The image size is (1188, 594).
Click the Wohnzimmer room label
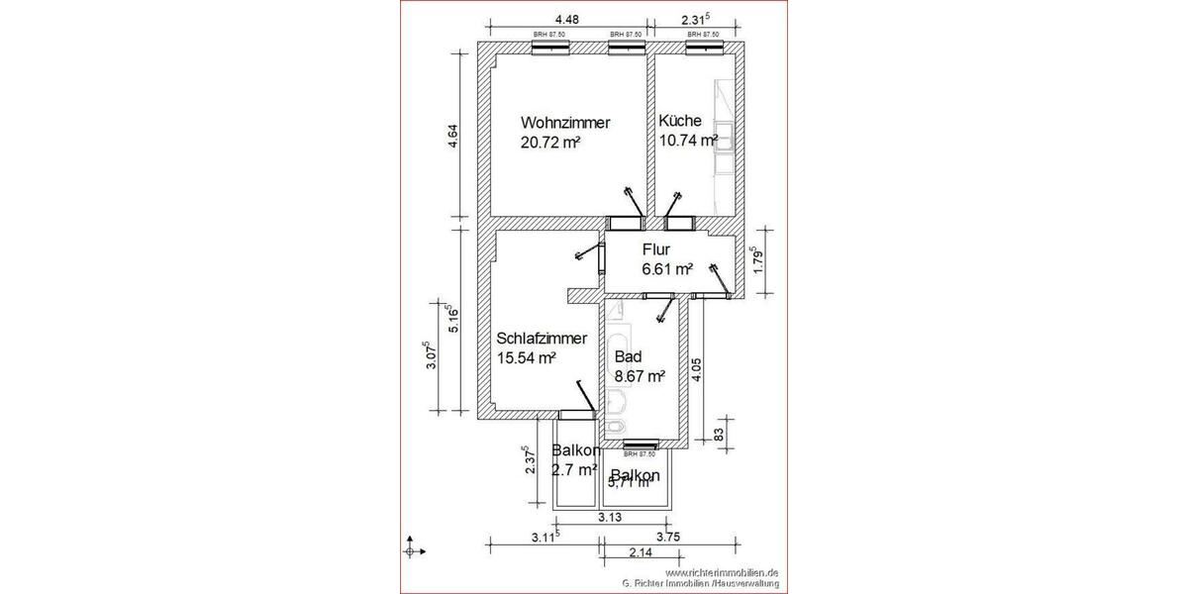pos(565,124)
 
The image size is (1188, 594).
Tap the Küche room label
pos(681,122)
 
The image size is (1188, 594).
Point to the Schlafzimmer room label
pos(547,340)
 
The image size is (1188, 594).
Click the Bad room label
pos(628,357)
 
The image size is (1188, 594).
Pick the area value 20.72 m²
pos(549,143)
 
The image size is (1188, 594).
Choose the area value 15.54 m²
pos(527,358)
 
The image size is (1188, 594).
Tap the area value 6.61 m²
pos(666,268)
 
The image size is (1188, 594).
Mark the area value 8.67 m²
pos(639,376)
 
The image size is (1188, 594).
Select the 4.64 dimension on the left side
pos(453,136)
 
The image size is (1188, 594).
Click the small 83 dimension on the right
pos(719,432)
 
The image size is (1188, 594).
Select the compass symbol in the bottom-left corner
pos(415,548)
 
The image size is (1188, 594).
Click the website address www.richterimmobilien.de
pos(723,572)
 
